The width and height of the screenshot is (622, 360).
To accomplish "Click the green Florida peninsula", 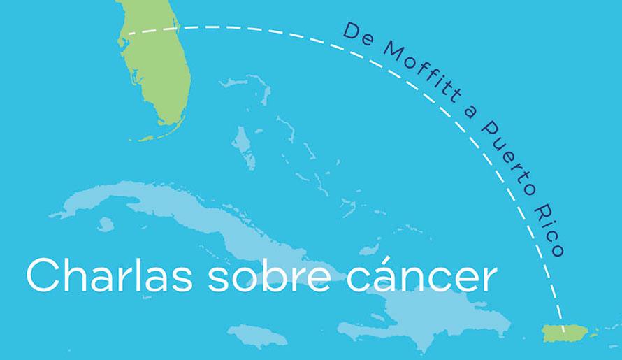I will pos(157,70).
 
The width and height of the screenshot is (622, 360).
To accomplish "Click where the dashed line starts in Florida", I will pos(123,34).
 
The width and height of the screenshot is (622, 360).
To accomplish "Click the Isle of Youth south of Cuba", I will pos(106,224).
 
